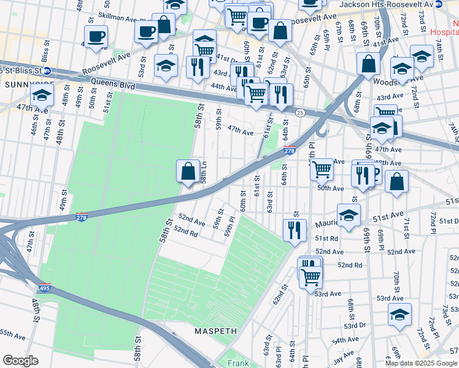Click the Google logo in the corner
20,361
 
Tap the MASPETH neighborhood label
215,331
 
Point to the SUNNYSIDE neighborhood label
27,83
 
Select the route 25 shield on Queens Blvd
300,112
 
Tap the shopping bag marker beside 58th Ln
188,172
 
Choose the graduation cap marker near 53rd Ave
399,314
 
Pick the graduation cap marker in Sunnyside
42,95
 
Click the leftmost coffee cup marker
96,37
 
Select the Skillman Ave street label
131,20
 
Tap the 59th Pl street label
230,226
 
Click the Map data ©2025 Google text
420,363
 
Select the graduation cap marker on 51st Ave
349,216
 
